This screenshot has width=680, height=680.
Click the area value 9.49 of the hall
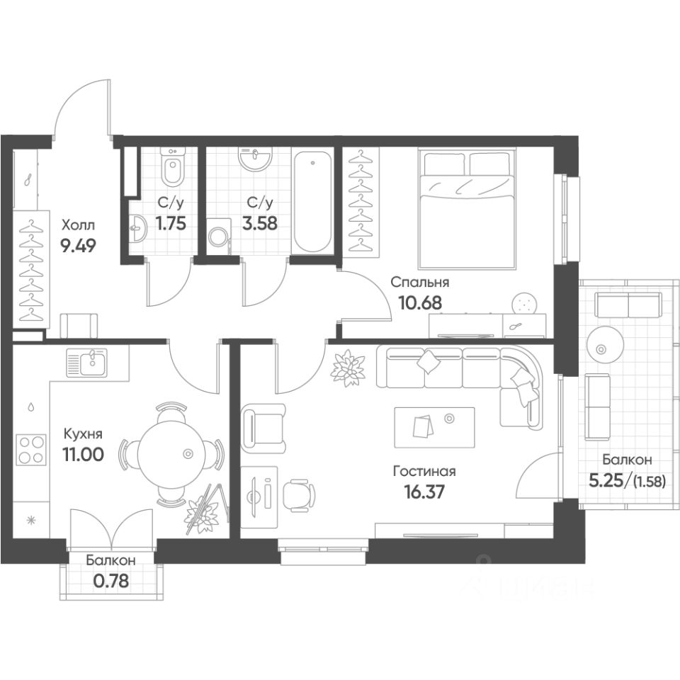click(78, 246)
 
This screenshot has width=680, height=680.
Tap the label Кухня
click(83, 433)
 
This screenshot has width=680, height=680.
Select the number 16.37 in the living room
click(424, 492)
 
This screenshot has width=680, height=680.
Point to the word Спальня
click(420, 283)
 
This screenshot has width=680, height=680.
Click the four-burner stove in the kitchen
click(30, 450)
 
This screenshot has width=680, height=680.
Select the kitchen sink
click(87, 362)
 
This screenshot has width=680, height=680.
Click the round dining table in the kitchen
click(171, 454)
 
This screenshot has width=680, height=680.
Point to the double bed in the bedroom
click(467, 208)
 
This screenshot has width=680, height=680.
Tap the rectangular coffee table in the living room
click(434, 427)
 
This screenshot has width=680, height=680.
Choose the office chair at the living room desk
click(299, 493)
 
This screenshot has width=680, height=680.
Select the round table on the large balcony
click(601, 348)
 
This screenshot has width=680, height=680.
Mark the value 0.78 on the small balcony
click(111, 581)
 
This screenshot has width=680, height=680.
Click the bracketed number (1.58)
click(649, 481)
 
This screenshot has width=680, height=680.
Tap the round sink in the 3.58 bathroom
click(255, 157)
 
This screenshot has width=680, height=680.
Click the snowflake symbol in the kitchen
click(30, 520)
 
